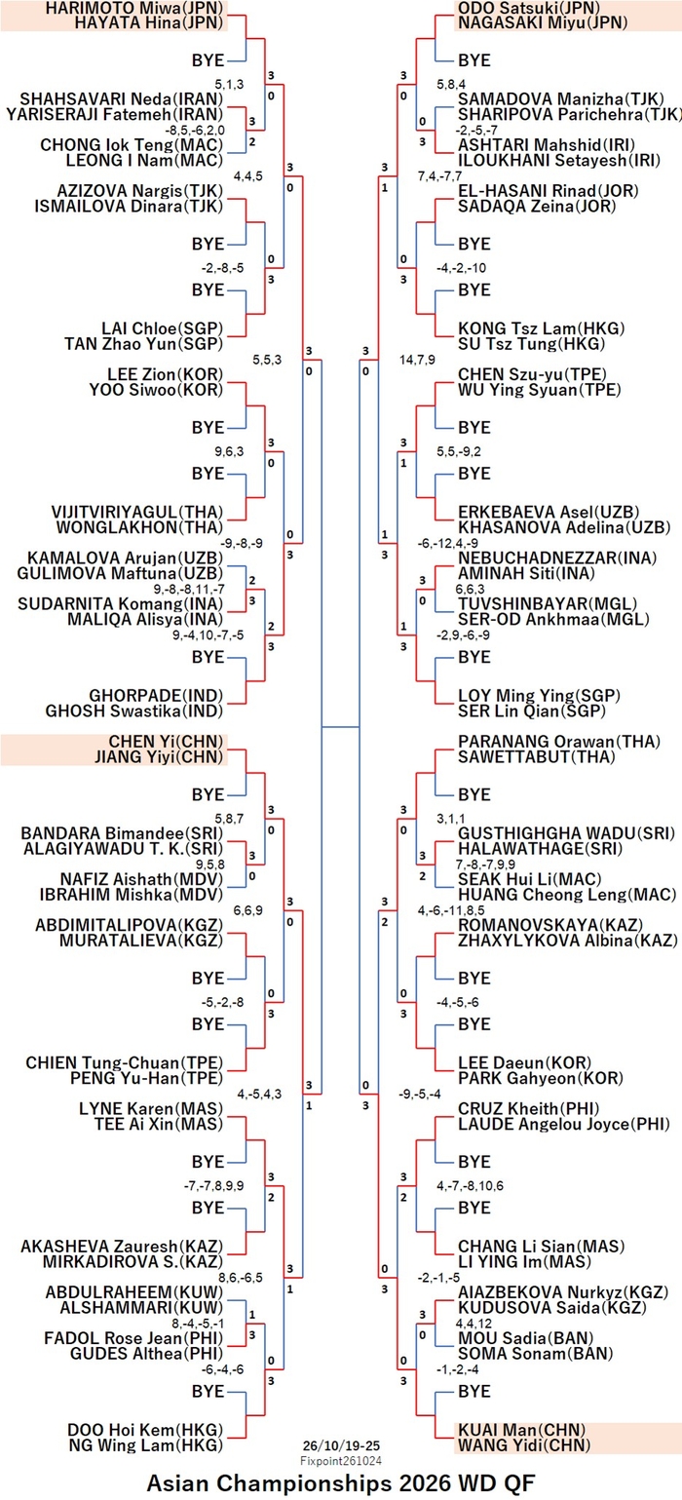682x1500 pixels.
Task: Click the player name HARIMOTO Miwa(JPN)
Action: click(134, 8)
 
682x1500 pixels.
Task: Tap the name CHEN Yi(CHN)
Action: click(166, 742)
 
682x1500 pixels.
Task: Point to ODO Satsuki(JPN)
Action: click(529, 8)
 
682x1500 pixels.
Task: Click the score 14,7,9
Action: click(417, 360)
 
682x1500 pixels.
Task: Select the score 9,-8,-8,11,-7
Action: click(189, 590)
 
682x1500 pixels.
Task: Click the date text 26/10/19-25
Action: click(341, 1445)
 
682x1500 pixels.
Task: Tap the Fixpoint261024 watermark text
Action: click(341, 1460)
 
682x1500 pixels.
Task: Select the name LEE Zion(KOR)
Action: click(166, 374)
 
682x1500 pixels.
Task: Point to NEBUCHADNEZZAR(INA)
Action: click(557, 558)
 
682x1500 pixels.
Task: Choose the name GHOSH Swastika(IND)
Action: click(133, 711)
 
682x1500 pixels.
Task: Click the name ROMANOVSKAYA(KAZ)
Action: click(550, 925)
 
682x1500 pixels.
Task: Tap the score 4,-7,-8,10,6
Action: click(470, 1185)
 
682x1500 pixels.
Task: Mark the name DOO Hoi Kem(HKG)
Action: click(145, 1430)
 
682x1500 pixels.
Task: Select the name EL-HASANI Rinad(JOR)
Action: click(549, 191)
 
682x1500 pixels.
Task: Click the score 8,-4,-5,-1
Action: click(198, 1324)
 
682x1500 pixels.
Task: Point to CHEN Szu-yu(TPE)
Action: click(532, 374)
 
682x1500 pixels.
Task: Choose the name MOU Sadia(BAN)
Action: click(526, 1338)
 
